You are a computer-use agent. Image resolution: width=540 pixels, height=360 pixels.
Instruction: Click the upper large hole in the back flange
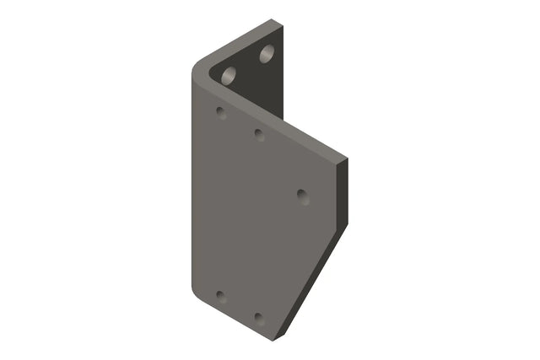[267, 55]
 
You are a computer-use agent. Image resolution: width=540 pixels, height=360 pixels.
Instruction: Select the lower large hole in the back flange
[229, 75]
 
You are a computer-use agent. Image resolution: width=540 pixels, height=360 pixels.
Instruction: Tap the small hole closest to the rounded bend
[221, 111]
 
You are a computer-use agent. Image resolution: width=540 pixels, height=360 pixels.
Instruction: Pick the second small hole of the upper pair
[259, 134]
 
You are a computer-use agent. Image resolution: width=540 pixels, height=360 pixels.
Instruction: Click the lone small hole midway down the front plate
[303, 196]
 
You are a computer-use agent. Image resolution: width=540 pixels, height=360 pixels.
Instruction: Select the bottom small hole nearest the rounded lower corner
[220, 296]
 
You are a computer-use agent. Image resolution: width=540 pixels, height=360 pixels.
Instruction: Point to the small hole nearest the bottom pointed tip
[259, 320]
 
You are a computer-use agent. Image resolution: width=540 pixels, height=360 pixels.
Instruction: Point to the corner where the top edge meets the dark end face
[345, 159]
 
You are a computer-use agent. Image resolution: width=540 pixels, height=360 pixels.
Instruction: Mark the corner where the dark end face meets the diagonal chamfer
[344, 226]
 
